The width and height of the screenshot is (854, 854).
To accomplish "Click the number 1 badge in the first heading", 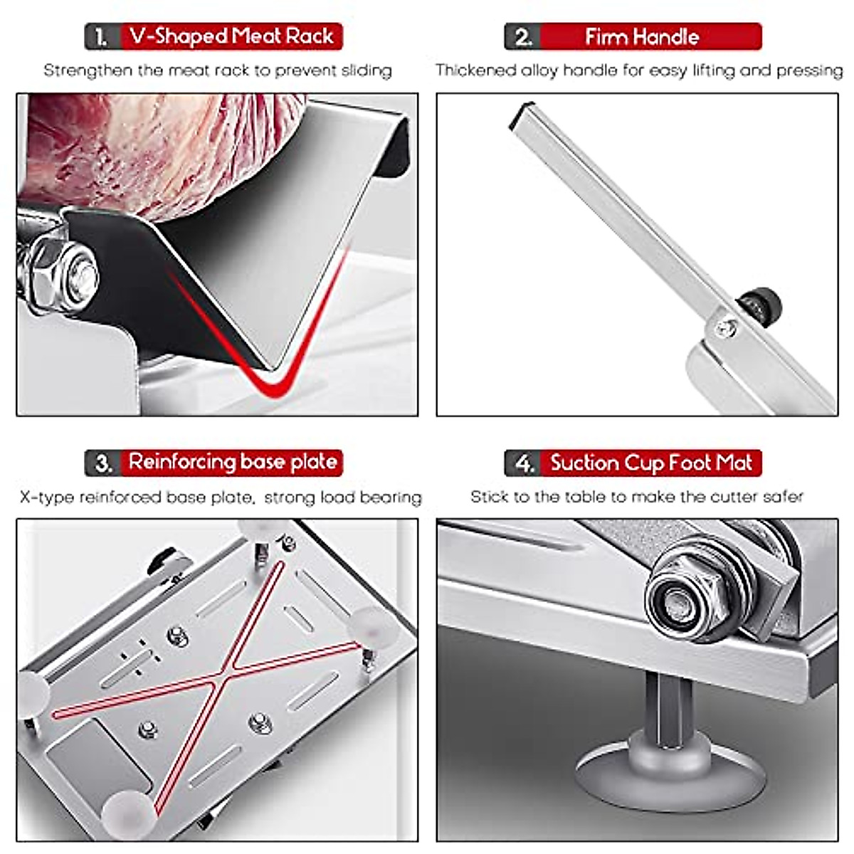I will coord(102,37).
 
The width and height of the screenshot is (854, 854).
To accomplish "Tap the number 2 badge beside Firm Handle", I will coord(522,37).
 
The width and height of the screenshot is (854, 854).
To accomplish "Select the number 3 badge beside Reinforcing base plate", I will coord(102,463).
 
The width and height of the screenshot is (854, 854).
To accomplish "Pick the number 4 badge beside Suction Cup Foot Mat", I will coord(524,463).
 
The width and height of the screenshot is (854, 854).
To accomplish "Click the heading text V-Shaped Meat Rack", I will coord(232,37).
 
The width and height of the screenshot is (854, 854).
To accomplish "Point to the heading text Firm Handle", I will coord(642,37).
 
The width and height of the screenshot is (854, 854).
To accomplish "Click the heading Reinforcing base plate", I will coord(233,463).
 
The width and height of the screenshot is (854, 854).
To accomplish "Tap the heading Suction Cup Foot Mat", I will coord(650,463).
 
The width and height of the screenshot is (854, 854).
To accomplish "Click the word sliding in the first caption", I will coord(367,70).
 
